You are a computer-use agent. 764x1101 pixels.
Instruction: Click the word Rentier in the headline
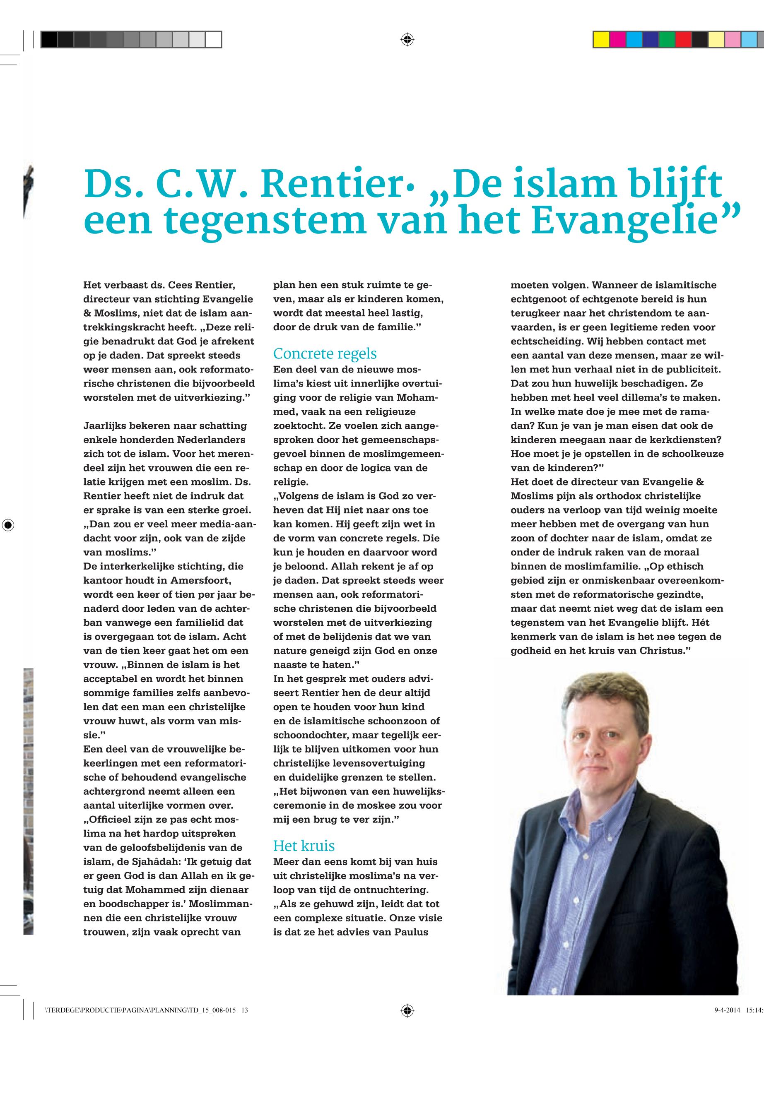pyautogui.click(x=331, y=185)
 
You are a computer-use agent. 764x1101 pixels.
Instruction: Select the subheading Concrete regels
pyautogui.click(x=325, y=353)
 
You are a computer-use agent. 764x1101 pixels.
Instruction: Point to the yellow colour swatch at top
pyautogui.click(x=601, y=40)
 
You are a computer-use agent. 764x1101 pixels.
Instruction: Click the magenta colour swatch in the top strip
pyautogui.click(x=617, y=40)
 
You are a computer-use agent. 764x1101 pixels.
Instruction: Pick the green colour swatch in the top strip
pyautogui.click(x=667, y=40)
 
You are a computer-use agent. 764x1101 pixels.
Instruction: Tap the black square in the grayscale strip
pyautogui.click(x=49, y=40)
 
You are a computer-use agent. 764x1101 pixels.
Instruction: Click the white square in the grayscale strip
pyautogui.click(x=214, y=40)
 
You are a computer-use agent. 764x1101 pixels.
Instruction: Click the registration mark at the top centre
pyautogui.click(x=407, y=39)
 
